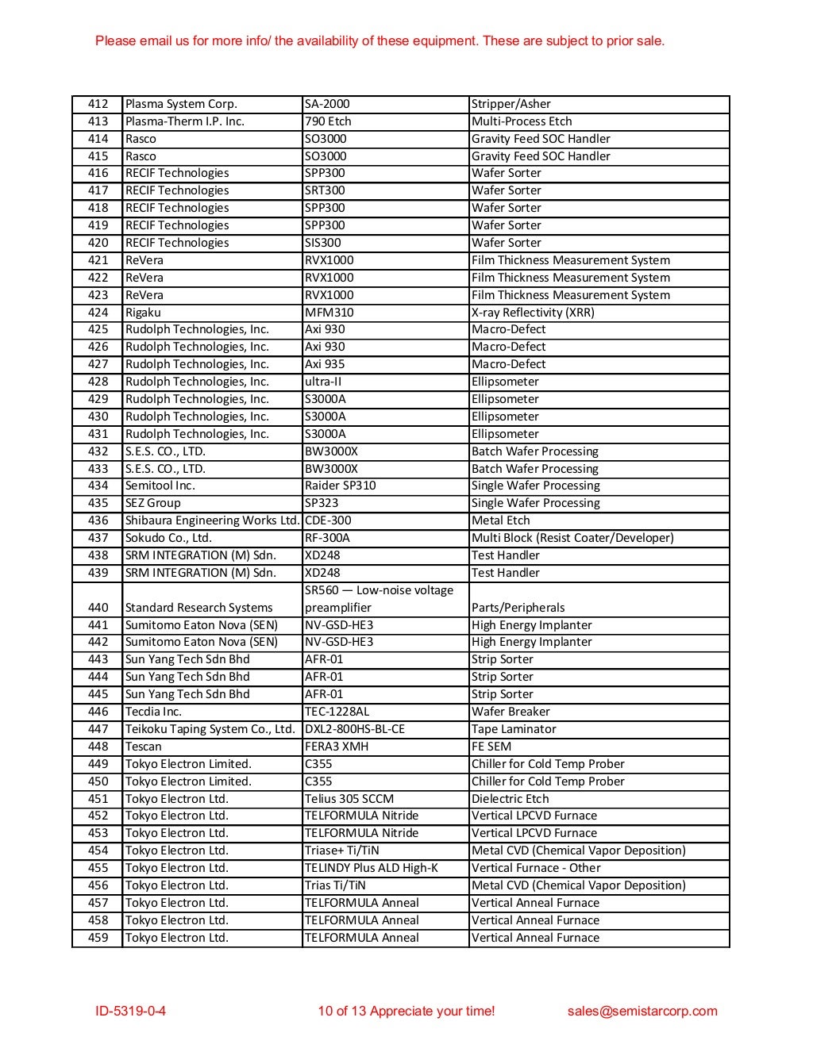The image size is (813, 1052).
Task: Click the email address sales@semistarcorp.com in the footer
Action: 642,1011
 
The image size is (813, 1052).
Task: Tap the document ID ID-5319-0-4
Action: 130,1011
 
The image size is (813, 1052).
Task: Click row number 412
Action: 98,104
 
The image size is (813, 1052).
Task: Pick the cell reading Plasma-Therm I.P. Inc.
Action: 185,121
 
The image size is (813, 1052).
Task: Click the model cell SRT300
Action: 325,190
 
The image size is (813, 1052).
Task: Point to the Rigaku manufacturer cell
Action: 143,313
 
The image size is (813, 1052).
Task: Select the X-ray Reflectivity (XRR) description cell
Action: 533,313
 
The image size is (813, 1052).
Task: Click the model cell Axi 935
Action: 325,364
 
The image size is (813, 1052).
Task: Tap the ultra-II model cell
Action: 323,382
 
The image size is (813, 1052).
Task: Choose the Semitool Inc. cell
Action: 160,486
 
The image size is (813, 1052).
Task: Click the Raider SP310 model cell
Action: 340,486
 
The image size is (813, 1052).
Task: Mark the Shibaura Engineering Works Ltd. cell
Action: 212,520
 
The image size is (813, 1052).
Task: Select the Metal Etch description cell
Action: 500,520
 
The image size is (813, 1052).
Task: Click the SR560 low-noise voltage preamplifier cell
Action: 379,599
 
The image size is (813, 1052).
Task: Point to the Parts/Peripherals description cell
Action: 518,608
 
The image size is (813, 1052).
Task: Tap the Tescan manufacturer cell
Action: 143,747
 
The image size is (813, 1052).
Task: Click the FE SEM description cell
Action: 491,747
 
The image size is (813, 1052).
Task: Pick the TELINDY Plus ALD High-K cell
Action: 371,868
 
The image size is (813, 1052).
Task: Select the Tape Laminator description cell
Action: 514,729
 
